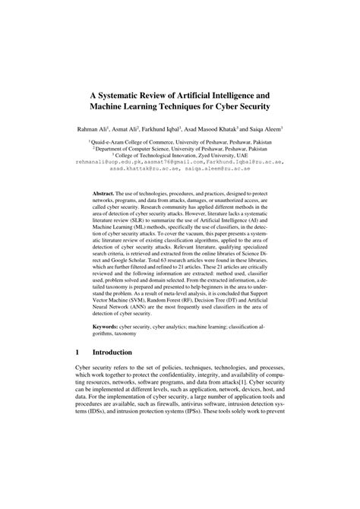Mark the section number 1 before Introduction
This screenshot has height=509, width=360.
79,375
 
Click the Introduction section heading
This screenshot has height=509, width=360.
118,375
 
